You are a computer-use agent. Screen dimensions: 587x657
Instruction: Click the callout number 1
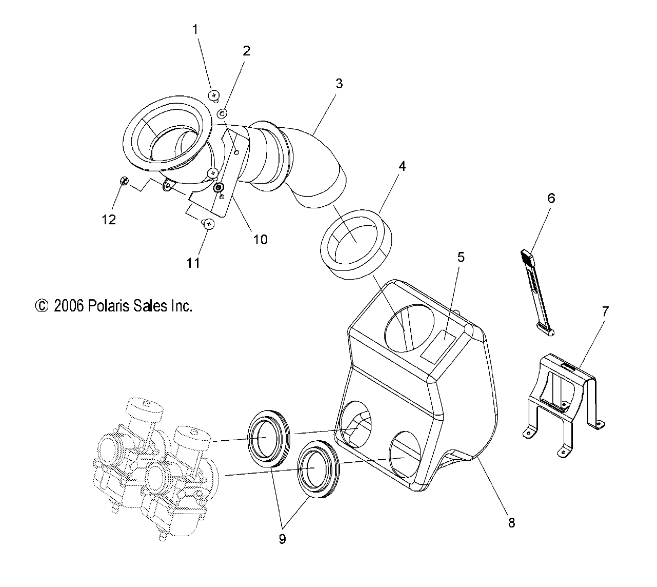pyautogui.click(x=195, y=30)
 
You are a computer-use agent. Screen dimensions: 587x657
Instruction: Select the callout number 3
pyautogui.click(x=339, y=84)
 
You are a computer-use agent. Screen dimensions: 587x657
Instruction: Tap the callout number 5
pyautogui.click(x=461, y=257)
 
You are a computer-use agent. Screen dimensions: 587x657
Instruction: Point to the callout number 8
pyautogui.click(x=511, y=523)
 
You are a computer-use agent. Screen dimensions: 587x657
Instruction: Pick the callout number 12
pyautogui.click(x=109, y=220)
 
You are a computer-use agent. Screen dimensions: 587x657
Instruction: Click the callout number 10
pyautogui.click(x=261, y=239)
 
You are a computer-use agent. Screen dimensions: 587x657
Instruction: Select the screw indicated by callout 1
pyautogui.click(x=214, y=95)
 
